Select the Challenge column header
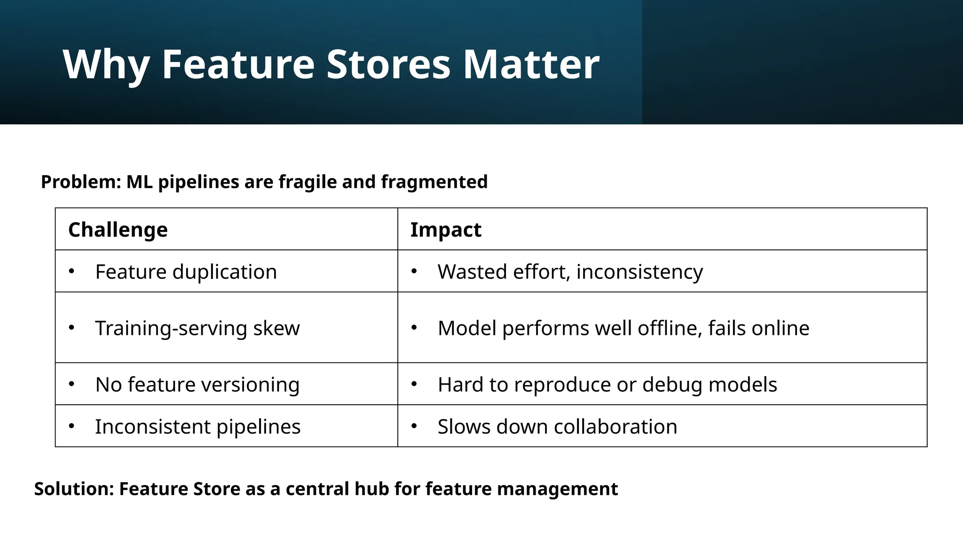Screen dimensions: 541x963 pos(118,230)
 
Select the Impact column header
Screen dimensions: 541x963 pos(445,230)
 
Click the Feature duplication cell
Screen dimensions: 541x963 pos(186,271)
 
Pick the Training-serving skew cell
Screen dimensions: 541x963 pos(197,328)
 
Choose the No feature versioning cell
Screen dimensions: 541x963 pos(197,384)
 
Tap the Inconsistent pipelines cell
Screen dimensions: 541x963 pos(197,426)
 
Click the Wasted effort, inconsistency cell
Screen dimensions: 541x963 pos(570,271)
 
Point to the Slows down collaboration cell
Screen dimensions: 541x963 pos(557,426)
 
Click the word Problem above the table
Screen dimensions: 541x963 pos(80,182)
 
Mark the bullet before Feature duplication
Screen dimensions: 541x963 pos(71,271)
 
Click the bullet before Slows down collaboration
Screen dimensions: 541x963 pos(414,426)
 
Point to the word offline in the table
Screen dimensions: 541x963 pos(670,328)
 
